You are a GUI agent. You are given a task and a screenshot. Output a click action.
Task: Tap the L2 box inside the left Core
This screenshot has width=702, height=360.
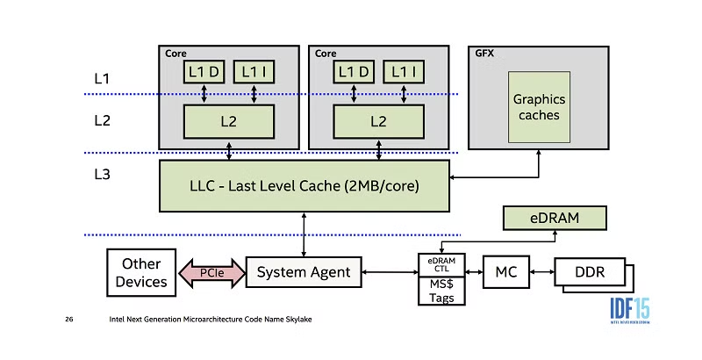(x=228, y=121)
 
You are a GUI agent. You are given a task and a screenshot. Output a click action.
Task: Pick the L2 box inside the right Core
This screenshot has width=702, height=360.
(x=379, y=121)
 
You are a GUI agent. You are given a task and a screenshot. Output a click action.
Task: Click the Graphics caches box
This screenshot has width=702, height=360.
(x=539, y=108)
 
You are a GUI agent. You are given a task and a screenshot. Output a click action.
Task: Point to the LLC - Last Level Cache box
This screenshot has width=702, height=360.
(x=304, y=185)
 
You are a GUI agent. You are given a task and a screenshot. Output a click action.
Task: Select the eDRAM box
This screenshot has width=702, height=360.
(x=555, y=217)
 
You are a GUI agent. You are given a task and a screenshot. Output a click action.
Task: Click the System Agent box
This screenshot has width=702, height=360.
(x=304, y=273)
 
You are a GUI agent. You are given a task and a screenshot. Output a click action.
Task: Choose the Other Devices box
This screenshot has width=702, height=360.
(x=141, y=273)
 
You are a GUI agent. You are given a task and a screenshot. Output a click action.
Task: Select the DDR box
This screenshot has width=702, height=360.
(x=590, y=273)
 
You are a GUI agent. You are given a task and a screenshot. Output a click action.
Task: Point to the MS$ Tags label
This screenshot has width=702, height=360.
(x=441, y=290)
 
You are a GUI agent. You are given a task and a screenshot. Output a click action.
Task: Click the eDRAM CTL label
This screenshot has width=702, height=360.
(x=441, y=264)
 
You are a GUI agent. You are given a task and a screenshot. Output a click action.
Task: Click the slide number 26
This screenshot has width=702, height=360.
(x=68, y=319)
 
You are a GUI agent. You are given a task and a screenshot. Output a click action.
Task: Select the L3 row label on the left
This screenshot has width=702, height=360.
(x=103, y=175)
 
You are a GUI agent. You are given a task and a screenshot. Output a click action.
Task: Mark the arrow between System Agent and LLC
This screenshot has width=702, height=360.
(x=304, y=233)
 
